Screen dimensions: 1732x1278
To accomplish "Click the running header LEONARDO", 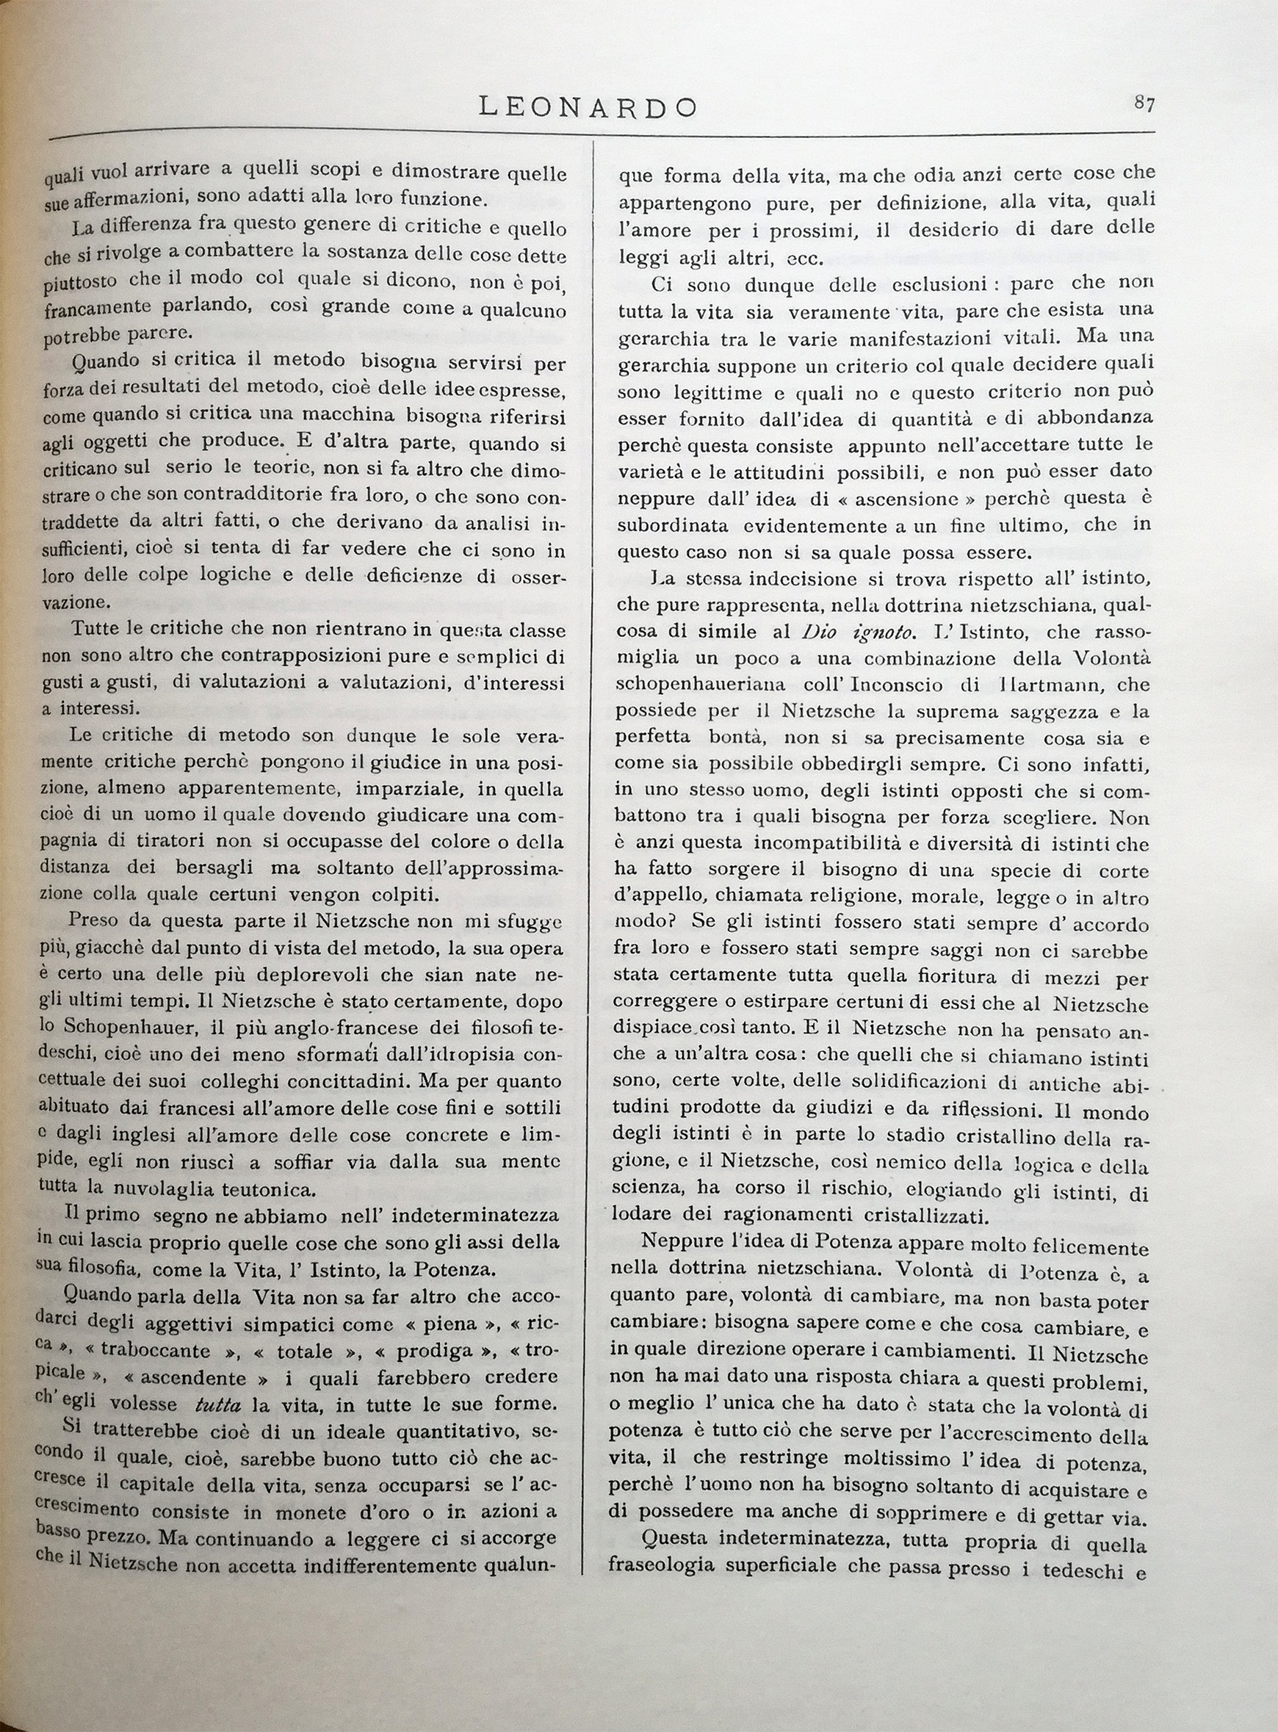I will click(588, 107).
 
